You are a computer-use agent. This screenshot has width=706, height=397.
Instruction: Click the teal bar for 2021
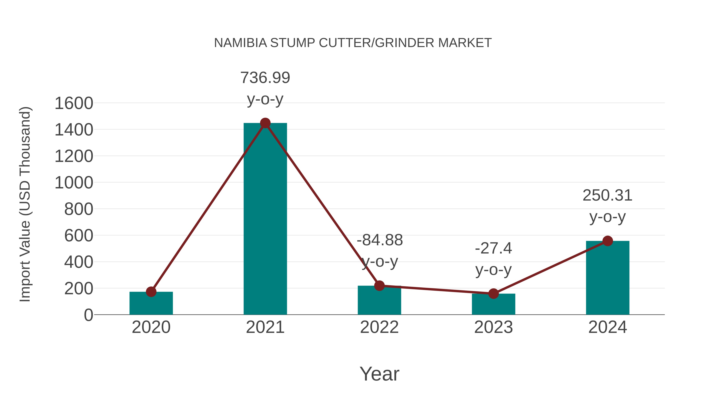pyautogui.click(x=265, y=219)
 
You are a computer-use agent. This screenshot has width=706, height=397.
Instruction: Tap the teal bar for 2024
pyautogui.click(x=607, y=278)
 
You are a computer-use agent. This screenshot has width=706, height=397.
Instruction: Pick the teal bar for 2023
pyautogui.click(x=493, y=304)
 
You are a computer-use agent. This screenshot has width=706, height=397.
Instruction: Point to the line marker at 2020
pyautogui.click(x=151, y=292)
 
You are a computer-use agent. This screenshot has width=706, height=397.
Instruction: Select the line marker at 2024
pyautogui.click(x=608, y=241)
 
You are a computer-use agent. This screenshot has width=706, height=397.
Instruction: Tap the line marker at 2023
pyautogui.click(x=493, y=294)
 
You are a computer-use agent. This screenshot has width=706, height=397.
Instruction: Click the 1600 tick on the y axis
pyautogui.click(x=74, y=104)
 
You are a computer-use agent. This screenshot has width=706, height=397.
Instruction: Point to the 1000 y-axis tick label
pyautogui.click(x=74, y=183)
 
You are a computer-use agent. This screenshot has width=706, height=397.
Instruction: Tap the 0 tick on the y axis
pyautogui.click(x=88, y=315)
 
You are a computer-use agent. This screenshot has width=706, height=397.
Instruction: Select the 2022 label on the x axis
pyautogui.click(x=379, y=327)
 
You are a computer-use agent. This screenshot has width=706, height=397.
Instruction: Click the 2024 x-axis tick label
pyautogui.click(x=607, y=327)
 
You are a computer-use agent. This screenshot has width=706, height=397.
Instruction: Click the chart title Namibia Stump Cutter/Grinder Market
pyautogui.click(x=353, y=43)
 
